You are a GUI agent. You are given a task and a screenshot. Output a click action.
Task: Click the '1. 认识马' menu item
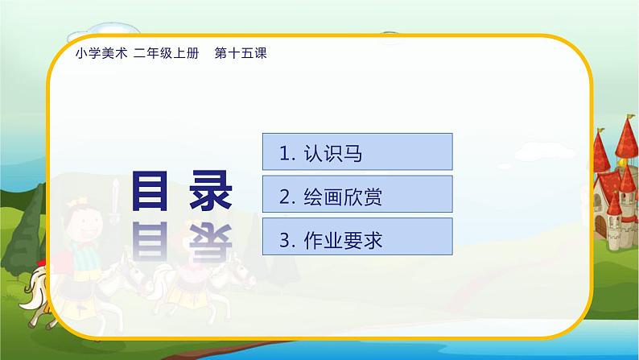357,152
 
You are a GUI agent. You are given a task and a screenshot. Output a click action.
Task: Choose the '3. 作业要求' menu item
357,238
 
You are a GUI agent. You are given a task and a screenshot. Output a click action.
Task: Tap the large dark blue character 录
211,192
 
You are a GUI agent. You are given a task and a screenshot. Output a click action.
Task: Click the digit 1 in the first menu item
282,153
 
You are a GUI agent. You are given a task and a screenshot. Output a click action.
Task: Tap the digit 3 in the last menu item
283,239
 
